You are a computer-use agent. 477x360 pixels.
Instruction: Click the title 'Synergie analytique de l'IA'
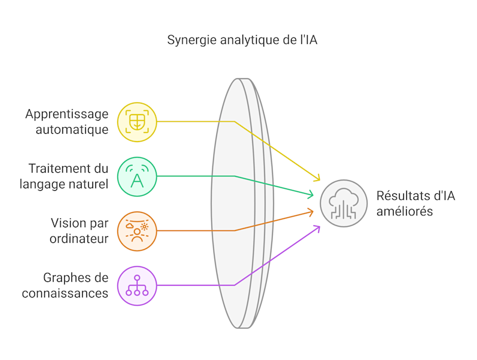pos(242,41)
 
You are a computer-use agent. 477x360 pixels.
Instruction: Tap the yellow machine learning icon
pos(137,122)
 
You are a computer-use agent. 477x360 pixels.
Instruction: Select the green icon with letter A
pos(137,176)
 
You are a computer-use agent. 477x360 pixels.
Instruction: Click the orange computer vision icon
pos(137,231)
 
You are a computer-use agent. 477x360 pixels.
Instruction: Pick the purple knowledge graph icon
pos(137,286)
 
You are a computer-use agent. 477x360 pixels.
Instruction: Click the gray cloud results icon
pos(343,203)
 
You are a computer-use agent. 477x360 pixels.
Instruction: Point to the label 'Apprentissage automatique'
pos(67,121)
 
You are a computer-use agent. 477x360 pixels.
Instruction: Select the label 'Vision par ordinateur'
pos(79,230)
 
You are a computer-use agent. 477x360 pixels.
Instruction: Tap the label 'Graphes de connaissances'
pos(65,285)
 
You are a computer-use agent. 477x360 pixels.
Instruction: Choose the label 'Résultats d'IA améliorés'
pos(415,203)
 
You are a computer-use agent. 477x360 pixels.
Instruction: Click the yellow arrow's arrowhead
pos(318,179)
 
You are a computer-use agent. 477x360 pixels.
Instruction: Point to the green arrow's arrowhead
pos(311,194)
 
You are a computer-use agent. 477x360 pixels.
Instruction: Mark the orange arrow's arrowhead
pos(311,211)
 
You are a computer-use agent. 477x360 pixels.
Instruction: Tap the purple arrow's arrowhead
pos(318,226)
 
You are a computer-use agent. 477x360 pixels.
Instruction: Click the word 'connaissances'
pos(65,293)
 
